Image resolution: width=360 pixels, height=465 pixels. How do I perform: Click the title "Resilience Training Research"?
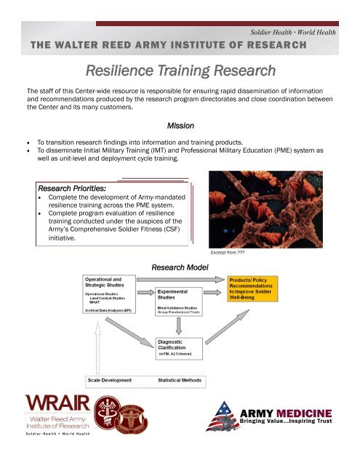(x=180, y=71)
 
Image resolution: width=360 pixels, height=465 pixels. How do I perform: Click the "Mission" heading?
(x=180, y=126)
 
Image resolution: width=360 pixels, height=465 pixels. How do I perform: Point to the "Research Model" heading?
(x=180, y=267)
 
